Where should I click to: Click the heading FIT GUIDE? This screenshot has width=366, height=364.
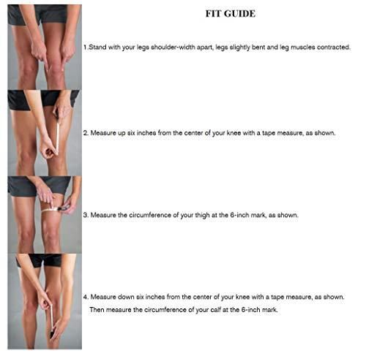pyautogui.click(x=231, y=14)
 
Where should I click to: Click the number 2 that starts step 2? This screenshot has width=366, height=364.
pyautogui.click(x=86, y=133)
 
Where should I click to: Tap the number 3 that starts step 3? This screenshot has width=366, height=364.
pyautogui.click(x=86, y=215)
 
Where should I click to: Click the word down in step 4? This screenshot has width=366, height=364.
pyautogui.click(x=126, y=297)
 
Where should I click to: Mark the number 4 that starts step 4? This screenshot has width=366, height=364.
pyautogui.click(x=86, y=297)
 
